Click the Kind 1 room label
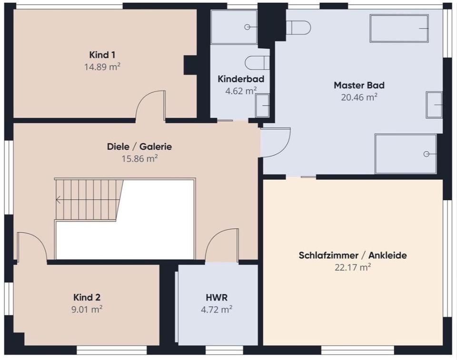[x=102, y=54]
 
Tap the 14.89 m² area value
[x=102, y=67]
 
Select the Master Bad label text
[x=359, y=86]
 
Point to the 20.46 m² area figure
[x=359, y=97]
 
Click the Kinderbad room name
[x=241, y=78]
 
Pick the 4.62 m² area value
[x=241, y=90]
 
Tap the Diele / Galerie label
[x=139, y=146]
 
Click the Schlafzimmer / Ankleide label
[x=353, y=255]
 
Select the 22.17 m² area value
[x=353, y=267]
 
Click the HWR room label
[x=216, y=298]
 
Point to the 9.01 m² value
[x=87, y=310]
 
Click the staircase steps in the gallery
[x=88, y=199]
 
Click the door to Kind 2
[x=31, y=247]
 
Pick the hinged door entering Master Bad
[x=276, y=142]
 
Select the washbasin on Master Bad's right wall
[x=434, y=105]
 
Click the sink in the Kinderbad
[x=262, y=105]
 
